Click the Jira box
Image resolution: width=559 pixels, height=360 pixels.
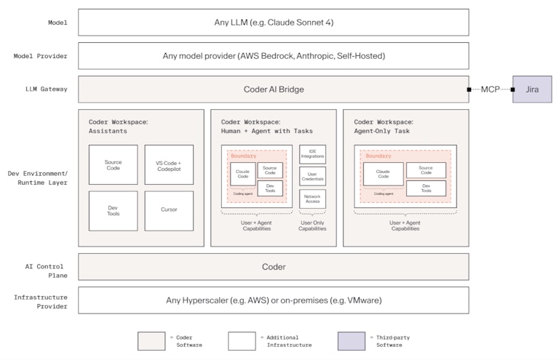click(x=532, y=89)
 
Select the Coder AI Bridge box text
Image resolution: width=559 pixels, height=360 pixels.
click(x=274, y=89)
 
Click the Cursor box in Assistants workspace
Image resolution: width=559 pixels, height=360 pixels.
click(x=169, y=210)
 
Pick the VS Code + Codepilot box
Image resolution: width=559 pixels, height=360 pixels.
click(x=169, y=164)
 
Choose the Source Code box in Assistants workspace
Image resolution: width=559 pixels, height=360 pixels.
click(x=113, y=164)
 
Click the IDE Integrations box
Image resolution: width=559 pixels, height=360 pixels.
click(x=313, y=154)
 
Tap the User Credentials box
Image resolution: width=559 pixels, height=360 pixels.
click(x=313, y=177)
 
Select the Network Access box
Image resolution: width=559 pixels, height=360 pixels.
click(x=313, y=199)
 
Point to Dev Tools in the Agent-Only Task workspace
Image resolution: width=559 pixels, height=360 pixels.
click(x=426, y=188)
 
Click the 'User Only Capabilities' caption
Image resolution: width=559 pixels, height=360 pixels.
click(x=313, y=225)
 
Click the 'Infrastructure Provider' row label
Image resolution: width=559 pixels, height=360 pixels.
click(x=41, y=301)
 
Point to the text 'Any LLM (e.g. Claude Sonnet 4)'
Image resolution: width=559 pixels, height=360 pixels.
click(x=274, y=23)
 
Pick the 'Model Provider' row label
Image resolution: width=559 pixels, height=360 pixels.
click(x=41, y=56)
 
